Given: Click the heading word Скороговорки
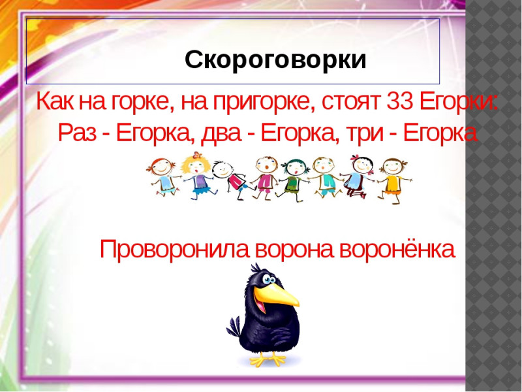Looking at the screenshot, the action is [x=275, y=60].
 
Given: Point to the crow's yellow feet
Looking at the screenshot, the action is [x=268, y=359].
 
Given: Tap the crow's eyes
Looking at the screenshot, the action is [x=268, y=280].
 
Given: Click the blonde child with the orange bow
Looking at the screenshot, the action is [x=198, y=175].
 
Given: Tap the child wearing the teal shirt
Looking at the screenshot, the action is [x=324, y=177].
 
